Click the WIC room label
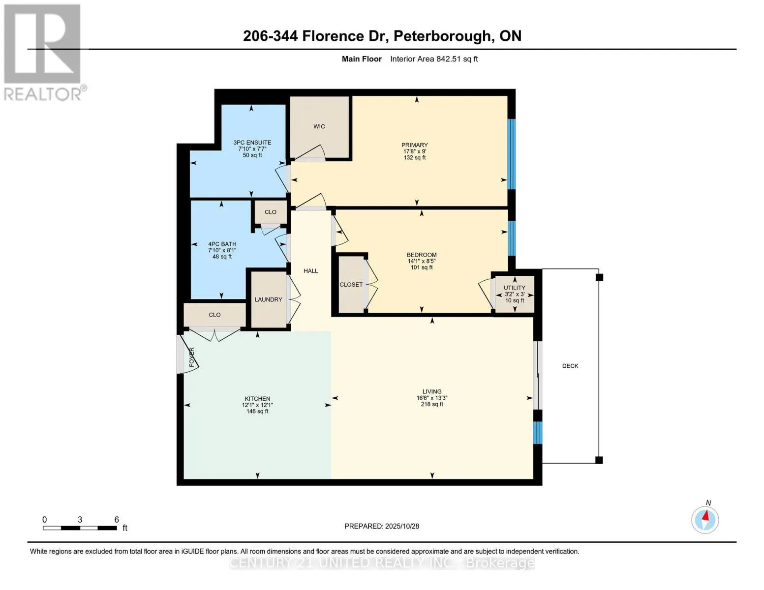(x=319, y=126)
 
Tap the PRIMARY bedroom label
(x=414, y=145)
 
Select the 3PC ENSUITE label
(x=252, y=143)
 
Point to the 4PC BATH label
(x=222, y=244)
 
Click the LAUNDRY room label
(x=268, y=299)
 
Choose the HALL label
(x=310, y=271)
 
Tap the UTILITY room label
(x=514, y=288)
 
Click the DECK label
(x=570, y=366)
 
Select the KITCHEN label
(x=257, y=399)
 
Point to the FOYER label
(x=192, y=357)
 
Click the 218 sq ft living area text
(x=431, y=404)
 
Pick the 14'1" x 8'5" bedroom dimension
(x=421, y=261)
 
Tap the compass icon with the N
(x=705, y=519)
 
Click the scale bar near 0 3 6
(x=80, y=528)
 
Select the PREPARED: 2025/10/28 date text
(x=382, y=526)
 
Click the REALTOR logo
(x=42, y=52)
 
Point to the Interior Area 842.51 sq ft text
(x=434, y=59)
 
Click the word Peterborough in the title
(x=442, y=36)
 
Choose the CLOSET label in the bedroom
(x=351, y=285)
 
